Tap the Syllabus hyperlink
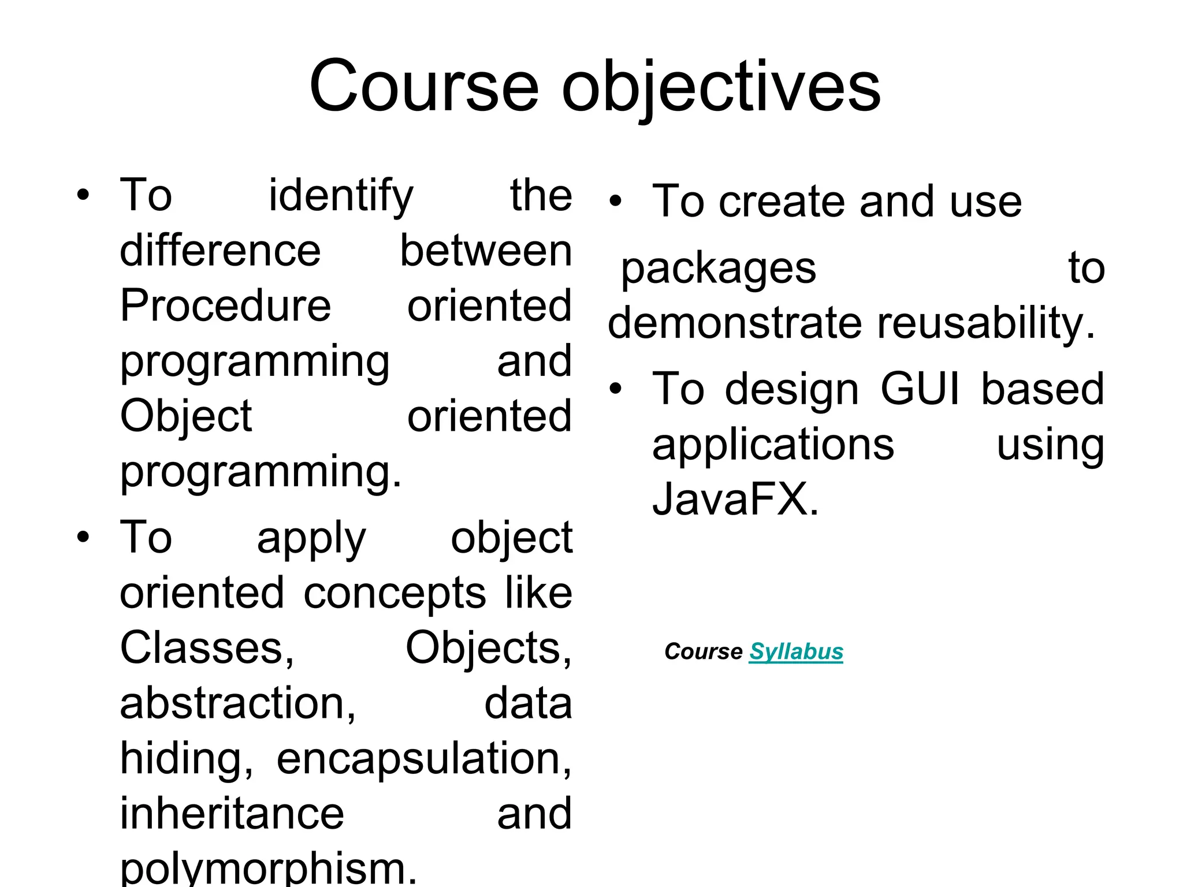pos(796,651)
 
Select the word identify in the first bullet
pos(341,196)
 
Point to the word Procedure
pos(225,305)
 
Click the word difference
pos(220,251)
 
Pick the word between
pos(486,251)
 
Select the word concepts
pos(395,593)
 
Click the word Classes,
pos(207,648)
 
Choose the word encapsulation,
pos(424,759)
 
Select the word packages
pos(718,269)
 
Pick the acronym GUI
pos(920,389)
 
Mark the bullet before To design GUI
pos(616,389)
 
